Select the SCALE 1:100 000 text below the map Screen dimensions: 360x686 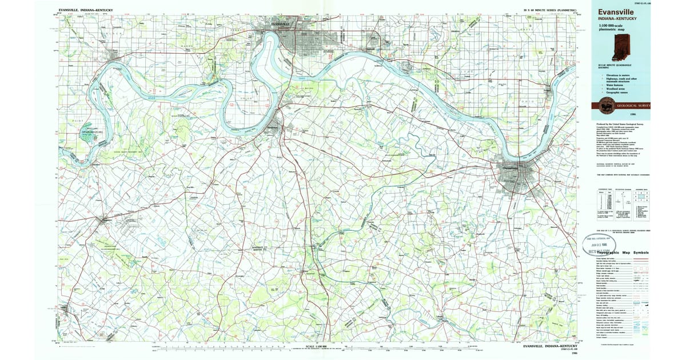(318, 347)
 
